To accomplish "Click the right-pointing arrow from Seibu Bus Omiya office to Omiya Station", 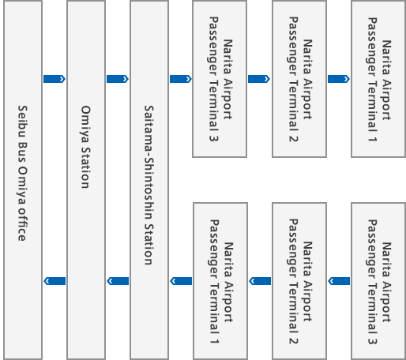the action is coord(55,79).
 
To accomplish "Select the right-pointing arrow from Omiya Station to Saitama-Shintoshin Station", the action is coord(118,79).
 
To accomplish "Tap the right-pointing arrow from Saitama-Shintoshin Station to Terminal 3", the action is coord(181,79).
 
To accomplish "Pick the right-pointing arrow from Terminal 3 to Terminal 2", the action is coord(259,79).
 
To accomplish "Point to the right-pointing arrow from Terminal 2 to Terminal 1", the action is coord(339,79).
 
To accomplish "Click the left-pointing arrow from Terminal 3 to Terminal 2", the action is coord(339,281).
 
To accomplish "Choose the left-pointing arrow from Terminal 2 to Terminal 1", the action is coord(260,281).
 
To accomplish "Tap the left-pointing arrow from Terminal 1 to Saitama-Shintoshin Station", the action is coord(181,281).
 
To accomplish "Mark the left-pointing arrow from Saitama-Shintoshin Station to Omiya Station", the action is coord(118,281).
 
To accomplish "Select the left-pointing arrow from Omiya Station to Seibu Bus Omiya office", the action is coord(55,281).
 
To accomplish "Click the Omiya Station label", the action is coord(85,147).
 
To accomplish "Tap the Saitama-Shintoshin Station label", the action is coord(148,185).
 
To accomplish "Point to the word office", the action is coord(22,224).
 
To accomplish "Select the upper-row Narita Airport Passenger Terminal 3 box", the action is coord(220,79).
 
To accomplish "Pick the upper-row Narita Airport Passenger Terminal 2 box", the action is coord(299,79).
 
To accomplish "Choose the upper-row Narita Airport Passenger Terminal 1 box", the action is coord(378,79).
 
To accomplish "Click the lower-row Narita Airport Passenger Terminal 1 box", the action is coord(220,281).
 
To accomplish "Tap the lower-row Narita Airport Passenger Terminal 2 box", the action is coord(299,281).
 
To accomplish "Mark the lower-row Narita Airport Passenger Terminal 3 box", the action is coord(378,281).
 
